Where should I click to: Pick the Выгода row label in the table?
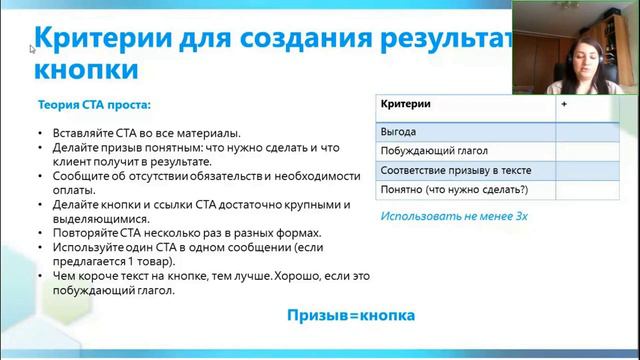coord(398,131)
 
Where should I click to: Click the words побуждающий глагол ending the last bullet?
coord(109,291)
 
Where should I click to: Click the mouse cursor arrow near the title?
coord(32,47)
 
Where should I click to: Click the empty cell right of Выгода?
coord(580,131)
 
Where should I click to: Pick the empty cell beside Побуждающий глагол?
coord(580,151)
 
